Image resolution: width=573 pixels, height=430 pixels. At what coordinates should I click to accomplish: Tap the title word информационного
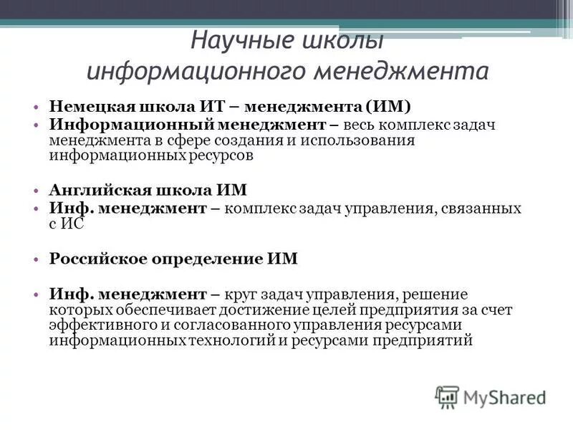click(x=188, y=72)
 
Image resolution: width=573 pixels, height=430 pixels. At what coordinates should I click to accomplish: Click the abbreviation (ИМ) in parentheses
click(x=387, y=107)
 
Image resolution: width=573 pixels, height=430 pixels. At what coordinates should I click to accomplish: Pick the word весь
click(x=362, y=125)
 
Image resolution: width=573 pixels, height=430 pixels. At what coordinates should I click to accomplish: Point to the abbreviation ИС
click(x=72, y=223)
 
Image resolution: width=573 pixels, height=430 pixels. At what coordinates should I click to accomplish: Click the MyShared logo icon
click(x=447, y=396)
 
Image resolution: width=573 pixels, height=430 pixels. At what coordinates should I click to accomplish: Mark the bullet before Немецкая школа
click(x=35, y=107)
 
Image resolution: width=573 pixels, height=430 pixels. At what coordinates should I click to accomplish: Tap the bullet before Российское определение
click(x=35, y=259)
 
